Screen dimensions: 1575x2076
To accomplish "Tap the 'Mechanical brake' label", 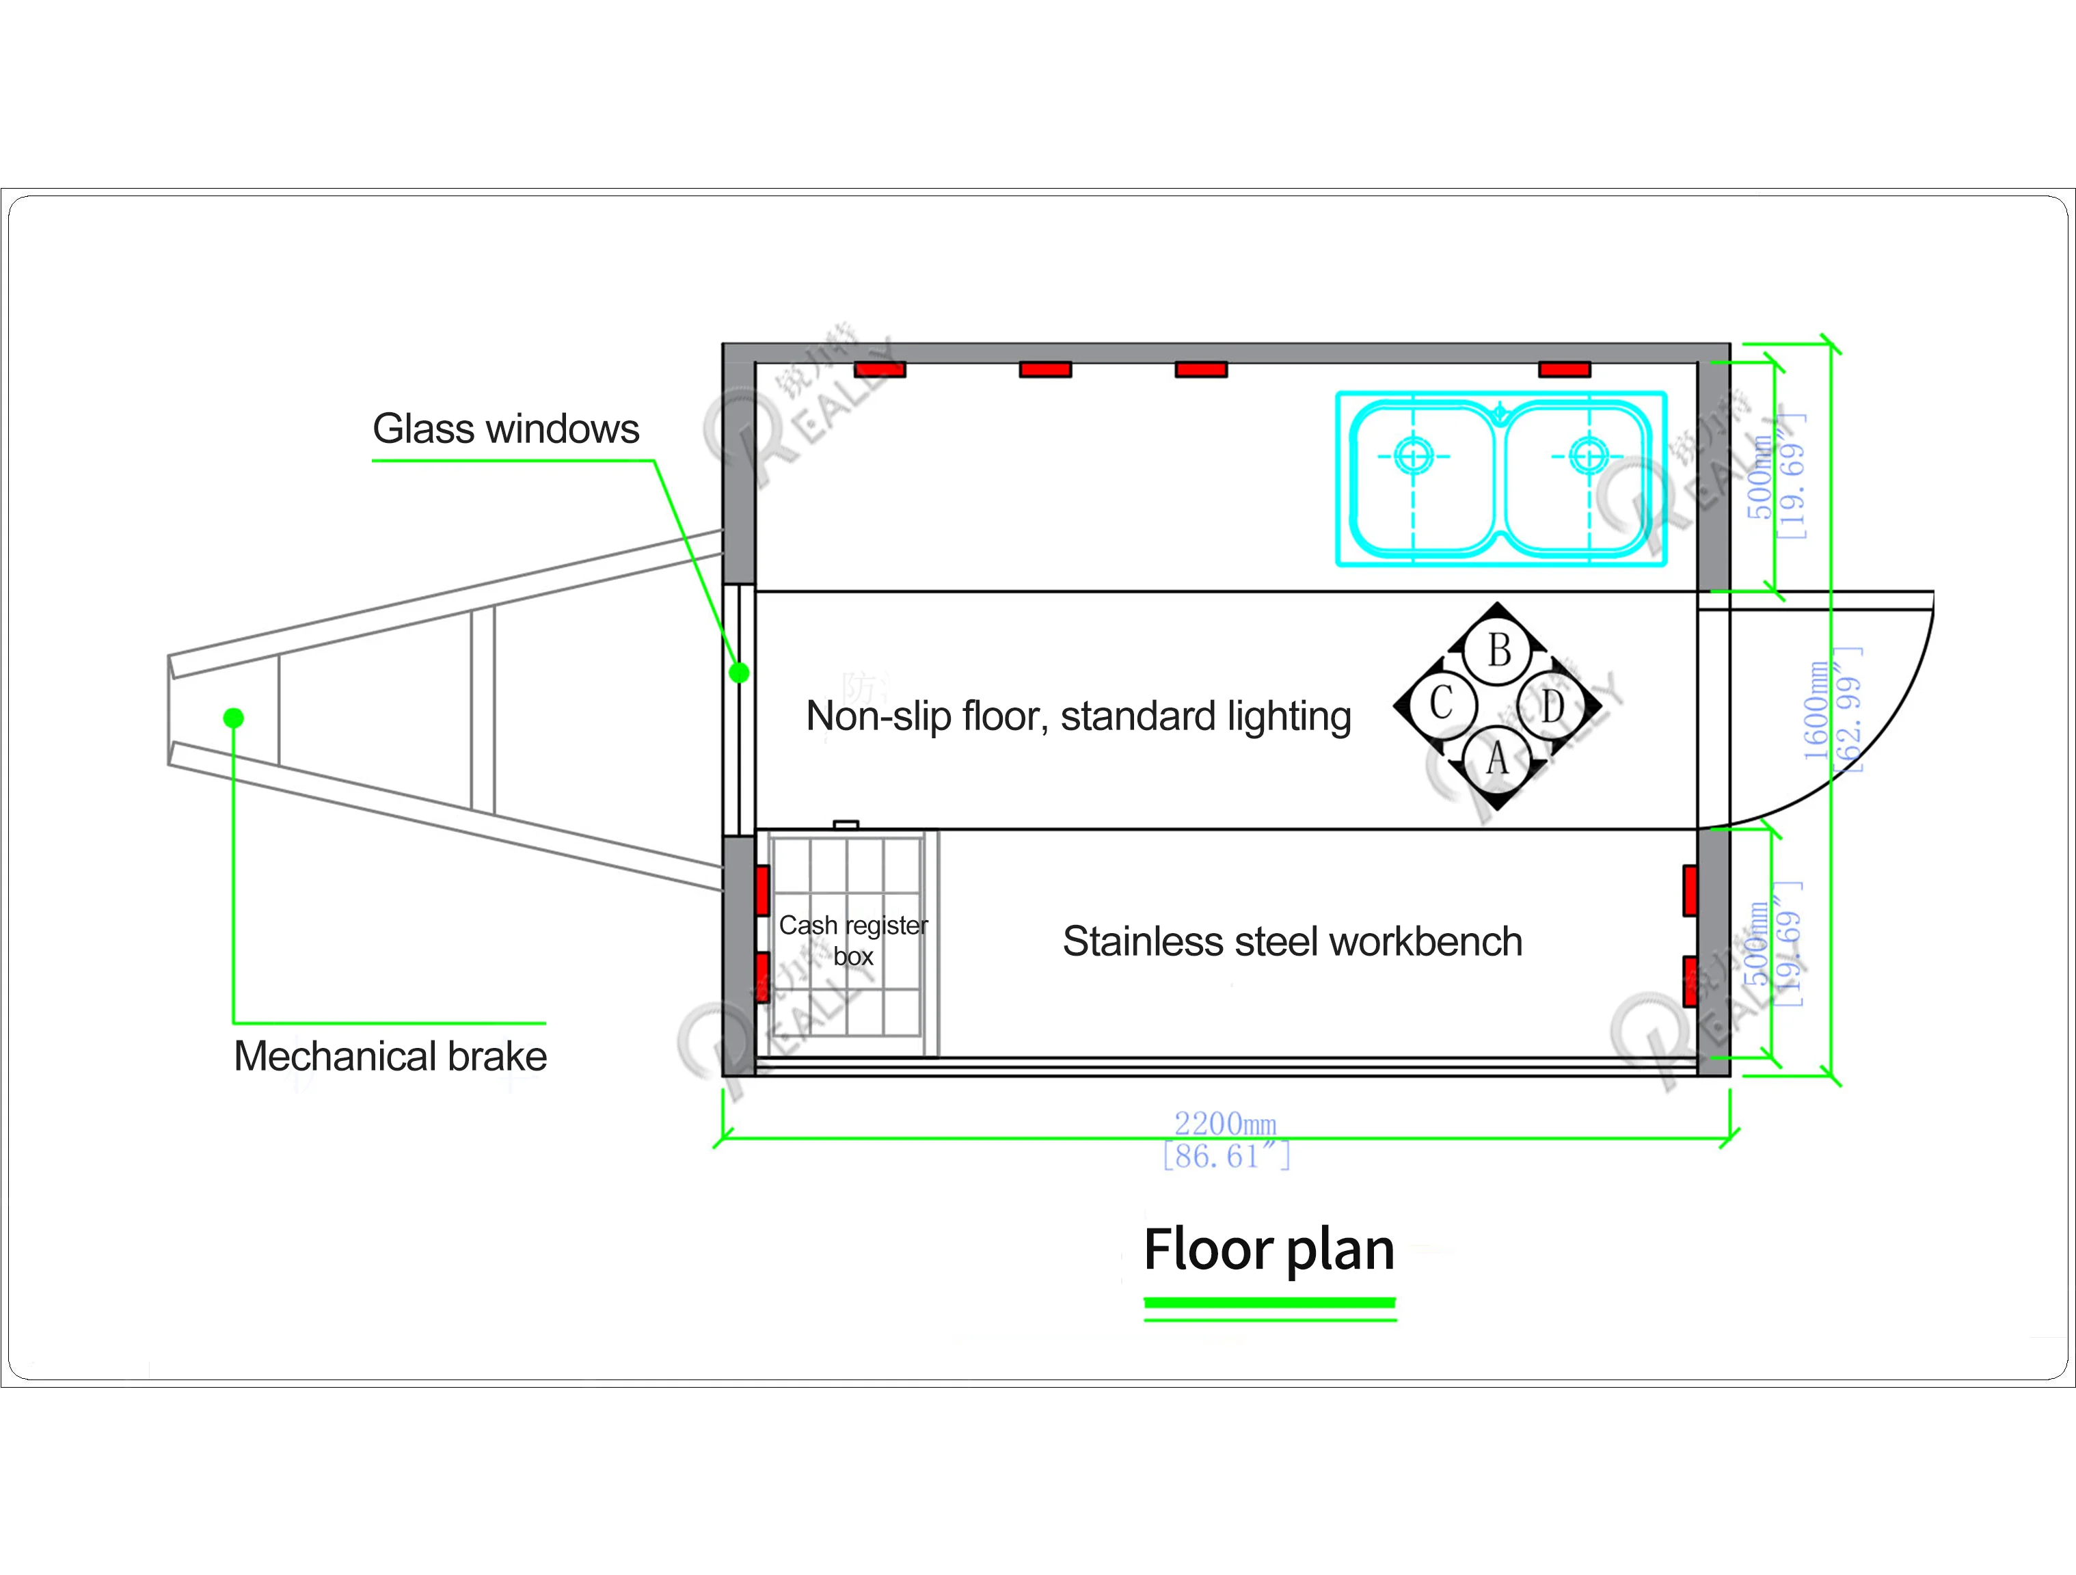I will click(x=390, y=1057).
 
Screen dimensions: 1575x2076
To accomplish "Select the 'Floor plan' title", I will click(x=1269, y=1250).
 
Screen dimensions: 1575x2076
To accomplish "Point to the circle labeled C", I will click(x=1441, y=703).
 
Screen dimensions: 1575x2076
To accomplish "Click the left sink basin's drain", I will click(x=1414, y=456).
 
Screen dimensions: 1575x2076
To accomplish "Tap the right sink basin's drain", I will click(x=1588, y=456).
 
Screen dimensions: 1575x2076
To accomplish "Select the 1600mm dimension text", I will click(x=1816, y=710).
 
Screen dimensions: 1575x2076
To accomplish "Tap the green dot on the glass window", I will click(x=740, y=673).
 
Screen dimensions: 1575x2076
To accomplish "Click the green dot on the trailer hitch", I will click(x=234, y=718).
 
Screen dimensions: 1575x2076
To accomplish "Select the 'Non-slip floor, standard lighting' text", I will click(x=1079, y=717).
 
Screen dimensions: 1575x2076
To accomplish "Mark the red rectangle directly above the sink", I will click(x=1565, y=370).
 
